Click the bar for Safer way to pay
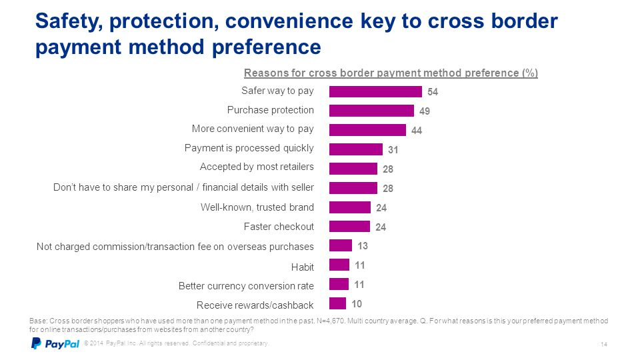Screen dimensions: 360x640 pyautogui.click(x=375, y=91)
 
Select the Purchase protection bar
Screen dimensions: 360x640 pyautogui.click(x=371, y=111)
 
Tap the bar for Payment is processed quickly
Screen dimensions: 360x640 pyautogui.click(x=356, y=149)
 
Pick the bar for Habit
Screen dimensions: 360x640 pyautogui.click(x=339, y=265)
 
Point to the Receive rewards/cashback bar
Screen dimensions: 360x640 pyautogui.click(x=337, y=303)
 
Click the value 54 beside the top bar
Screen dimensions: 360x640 pyautogui.click(x=433, y=92)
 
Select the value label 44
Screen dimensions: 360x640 pyautogui.click(x=417, y=131)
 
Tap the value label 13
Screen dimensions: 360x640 pyautogui.click(x=363, y=246)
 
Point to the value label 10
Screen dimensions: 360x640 pyautogui.click(x=357, y=304)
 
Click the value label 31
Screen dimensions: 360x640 pyautogui.click(x=393, y=150)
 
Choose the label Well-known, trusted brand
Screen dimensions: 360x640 pyautogui.click(x=257, y=207)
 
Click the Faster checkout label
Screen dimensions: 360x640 pyautogui.click(x=279, y=227)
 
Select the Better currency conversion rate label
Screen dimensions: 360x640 pyautogui.click(x=246, y=286)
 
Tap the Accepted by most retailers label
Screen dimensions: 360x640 pyautogui.click(x=257, y=167)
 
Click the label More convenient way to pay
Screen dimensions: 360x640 pyautogui.click(x=253, y=129)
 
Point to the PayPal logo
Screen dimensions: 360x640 pyautogui.click(x=55, y=344)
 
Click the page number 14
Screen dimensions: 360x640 pyautogui.click(x=603, y=344)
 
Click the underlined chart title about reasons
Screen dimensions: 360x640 pyautogui.click(x=391, y=73)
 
